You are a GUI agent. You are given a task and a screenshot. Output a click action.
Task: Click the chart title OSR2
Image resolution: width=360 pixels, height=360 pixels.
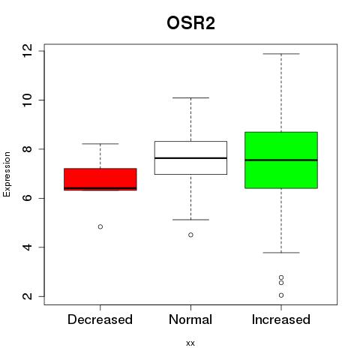[190, 23]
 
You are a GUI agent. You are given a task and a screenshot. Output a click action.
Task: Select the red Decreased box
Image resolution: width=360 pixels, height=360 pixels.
[100, 179]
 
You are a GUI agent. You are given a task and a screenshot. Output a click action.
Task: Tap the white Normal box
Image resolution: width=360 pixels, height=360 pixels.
[190, 157]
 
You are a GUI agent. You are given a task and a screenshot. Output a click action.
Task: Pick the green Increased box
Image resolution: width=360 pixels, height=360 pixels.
[281, 160]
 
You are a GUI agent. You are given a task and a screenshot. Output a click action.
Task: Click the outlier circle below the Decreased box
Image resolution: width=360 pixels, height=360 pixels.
[100, 226]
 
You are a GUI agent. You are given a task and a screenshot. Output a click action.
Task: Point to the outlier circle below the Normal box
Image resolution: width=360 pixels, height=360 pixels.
[190, 235]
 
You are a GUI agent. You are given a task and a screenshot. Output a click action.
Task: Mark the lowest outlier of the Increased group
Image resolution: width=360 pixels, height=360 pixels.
[281, 295]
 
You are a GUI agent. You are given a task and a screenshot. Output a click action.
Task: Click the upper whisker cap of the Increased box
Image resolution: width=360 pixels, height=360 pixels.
[281, 54]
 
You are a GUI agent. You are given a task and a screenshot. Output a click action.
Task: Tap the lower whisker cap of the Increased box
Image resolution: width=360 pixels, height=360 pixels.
[281, 253]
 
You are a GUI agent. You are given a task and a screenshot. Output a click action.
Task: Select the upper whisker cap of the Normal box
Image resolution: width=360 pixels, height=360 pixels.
[190, 97]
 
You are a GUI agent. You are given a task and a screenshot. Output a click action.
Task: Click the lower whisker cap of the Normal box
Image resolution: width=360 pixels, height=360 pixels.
[190, 220]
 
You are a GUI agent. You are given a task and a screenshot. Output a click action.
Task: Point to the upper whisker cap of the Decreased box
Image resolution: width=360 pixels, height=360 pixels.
[100, 144]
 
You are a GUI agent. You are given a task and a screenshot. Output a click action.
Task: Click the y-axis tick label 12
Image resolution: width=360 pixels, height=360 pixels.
[28, 51]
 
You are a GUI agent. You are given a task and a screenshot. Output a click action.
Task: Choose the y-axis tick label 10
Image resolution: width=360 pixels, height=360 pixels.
[28, 100]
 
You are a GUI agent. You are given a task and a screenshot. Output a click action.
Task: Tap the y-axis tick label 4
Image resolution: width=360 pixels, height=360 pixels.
[28, 247]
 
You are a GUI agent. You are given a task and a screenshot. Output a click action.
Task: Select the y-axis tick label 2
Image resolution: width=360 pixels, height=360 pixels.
[28, 296]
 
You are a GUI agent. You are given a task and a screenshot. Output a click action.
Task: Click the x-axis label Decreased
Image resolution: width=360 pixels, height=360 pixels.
[100, 319]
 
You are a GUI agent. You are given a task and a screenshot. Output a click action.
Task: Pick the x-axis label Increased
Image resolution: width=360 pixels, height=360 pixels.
[281, 319]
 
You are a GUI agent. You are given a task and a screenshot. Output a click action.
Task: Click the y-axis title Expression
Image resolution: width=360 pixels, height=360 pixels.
[7, 174]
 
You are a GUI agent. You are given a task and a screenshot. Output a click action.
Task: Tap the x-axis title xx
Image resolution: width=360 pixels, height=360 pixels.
[190, 343]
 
